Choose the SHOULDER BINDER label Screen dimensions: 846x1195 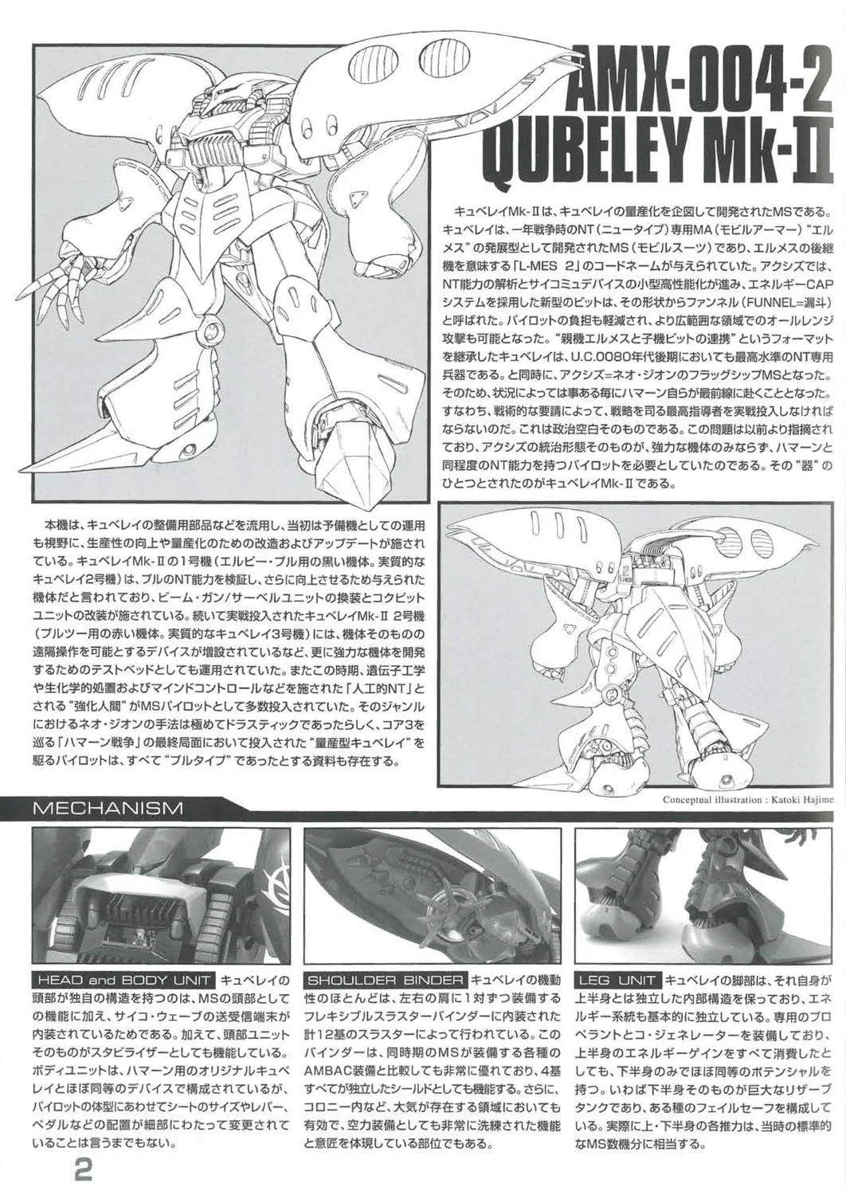386,980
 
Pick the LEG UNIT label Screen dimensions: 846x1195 619,980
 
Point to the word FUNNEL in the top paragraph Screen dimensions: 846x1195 774,302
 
